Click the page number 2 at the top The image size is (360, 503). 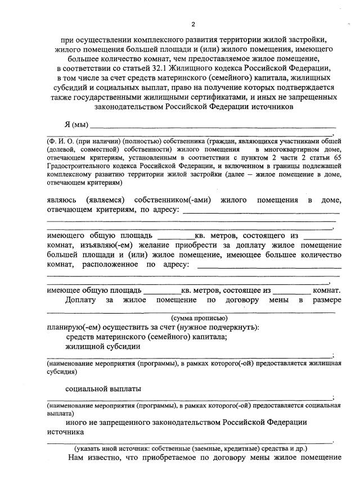pos(193,25)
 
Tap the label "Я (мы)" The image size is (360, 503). pos(76,124)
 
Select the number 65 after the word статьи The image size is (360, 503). pos(336,157)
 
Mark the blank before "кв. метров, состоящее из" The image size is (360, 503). pos(163,292)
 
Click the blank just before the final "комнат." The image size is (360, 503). pos(292,292)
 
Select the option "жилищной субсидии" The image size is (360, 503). pos(103,347)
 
